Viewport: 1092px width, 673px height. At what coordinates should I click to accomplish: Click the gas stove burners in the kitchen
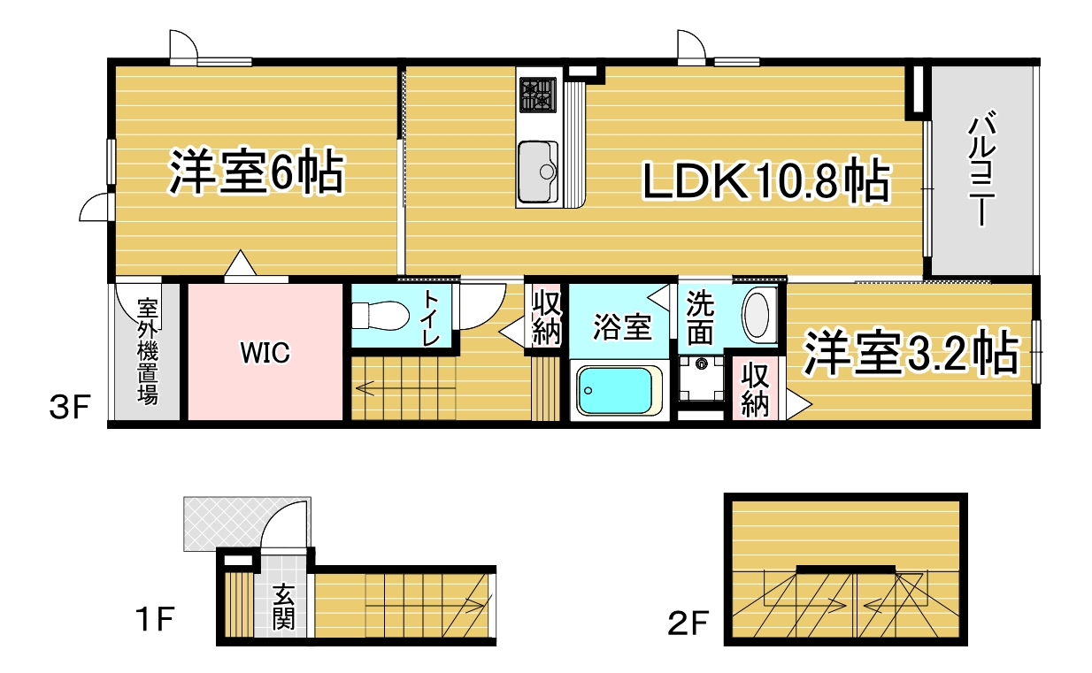pos(538,95)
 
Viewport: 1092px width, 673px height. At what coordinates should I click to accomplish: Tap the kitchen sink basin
pos(538,172)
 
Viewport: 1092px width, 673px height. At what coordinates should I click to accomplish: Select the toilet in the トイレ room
pos(381,316)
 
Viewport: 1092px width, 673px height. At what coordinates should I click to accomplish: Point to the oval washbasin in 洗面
pos(758,314)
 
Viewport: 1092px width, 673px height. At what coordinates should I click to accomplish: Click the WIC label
pos(265,353)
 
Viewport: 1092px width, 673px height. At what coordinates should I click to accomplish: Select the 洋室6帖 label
pos(257,172)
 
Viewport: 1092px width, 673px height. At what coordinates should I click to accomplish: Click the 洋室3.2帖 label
pos(911,353)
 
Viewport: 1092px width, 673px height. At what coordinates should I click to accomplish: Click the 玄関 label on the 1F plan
pos(283,608)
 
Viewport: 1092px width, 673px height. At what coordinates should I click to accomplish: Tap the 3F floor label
pos(70,407)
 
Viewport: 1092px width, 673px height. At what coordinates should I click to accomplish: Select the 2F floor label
pos(688,623)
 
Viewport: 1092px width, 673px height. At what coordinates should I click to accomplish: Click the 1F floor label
pos(155,619)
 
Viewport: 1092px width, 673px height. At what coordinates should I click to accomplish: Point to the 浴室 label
pos(622,327)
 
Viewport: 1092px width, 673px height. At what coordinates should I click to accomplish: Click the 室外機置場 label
pos(147,351)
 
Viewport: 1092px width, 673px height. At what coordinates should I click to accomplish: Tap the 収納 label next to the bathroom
pos(547,317)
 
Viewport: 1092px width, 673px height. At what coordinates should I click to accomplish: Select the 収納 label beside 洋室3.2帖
pos(755,389)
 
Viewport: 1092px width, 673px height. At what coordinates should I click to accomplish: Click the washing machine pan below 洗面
pos(701,379)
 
